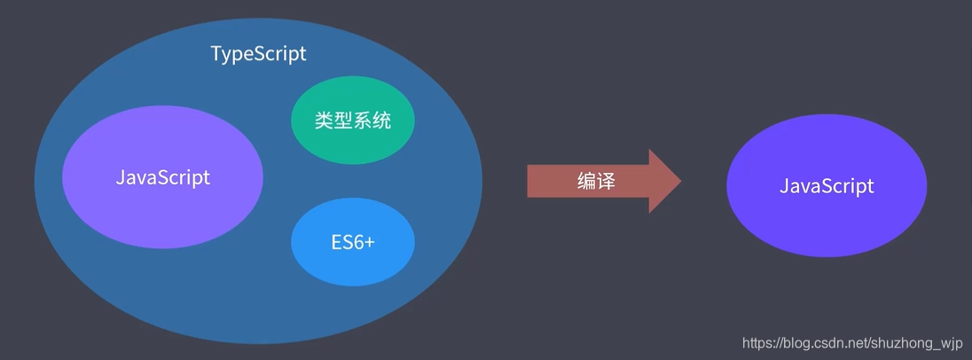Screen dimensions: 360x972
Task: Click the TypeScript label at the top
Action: pyautogui.click(x=258, y=53)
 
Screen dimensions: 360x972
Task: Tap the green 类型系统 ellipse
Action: pyautogui.click(x=353, y=121)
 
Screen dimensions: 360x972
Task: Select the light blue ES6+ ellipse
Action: pyautogui.click(x=353, y=242)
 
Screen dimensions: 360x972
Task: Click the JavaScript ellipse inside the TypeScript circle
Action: pyautogui.click(x=163, y=176)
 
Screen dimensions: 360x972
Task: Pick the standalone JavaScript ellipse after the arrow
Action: pyautogui.click(x=827, y=186)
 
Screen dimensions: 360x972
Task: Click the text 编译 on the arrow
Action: pyautogui.click(x=596, y=182)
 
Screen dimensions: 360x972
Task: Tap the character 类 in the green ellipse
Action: pyautogui.click(x=324, y=121)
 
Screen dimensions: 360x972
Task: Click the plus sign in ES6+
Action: pyautogui.click(x=369, y=242)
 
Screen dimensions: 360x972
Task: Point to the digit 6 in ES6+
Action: pyautogui.click(x=356, y=242)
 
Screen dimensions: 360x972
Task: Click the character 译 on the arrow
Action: pyautogui.click(x=606, y=182)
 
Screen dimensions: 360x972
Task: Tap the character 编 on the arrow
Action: pyautogui.click(x=586, y=182)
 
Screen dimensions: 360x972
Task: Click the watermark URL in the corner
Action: pyautogui.click(x=851, y=343)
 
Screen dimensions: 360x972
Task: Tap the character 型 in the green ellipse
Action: pyautogui.click(x=343, y=121)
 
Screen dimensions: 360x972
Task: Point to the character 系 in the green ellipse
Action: pyautogui.click(x=363, y=121)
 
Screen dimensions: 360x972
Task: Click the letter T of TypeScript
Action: pyautogui.click(x=216, y=53)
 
